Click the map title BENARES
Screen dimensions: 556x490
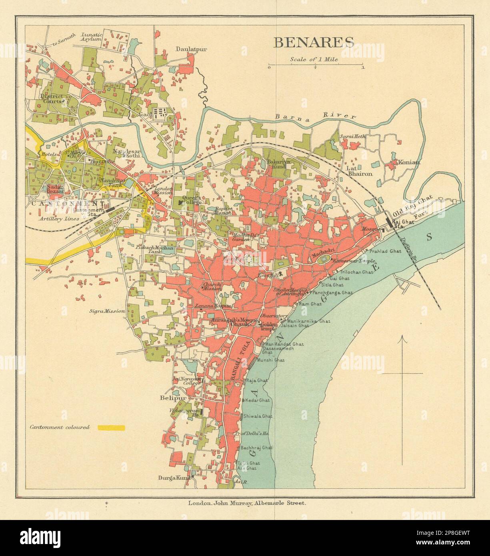point(314,42)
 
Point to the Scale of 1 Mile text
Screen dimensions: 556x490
point(314,60)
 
